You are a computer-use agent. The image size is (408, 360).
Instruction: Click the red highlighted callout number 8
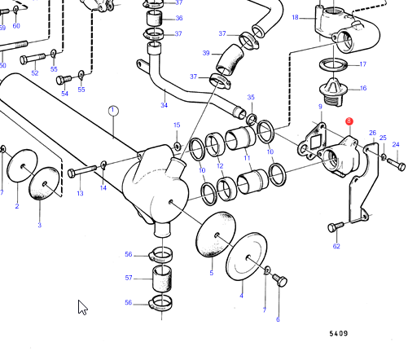[349, 121]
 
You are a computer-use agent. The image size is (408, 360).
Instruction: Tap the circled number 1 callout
[113, 111]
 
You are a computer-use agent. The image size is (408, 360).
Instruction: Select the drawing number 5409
[339, 333]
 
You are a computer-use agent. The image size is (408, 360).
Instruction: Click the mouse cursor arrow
[82, 307]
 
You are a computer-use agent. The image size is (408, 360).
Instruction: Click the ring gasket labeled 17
[334, 65]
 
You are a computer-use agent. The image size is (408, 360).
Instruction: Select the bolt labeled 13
[82, 171]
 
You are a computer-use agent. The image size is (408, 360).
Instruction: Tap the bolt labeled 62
[336, 226]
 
